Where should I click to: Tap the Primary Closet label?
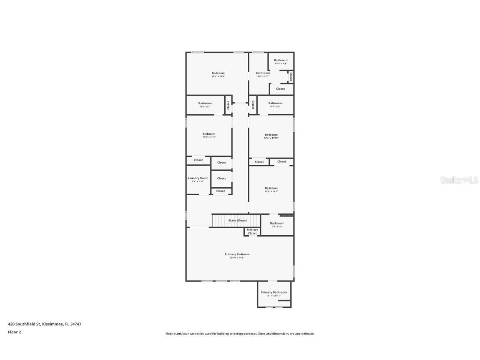[252, 232]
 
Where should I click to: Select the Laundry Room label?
[198, 178]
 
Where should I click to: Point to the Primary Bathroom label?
[274, 292]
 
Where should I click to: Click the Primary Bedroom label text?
[237, 254]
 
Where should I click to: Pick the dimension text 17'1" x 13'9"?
[218, 76]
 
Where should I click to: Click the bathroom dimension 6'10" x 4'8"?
[281, 63]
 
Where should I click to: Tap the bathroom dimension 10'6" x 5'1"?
[205, 107]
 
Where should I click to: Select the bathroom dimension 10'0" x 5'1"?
[275, 106]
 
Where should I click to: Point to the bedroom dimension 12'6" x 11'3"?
[209, 137]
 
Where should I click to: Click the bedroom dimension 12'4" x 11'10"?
[271, 138]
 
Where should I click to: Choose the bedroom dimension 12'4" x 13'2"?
[271, 191]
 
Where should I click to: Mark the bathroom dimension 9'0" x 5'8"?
[277, 227]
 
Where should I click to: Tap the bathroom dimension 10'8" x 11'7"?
[263, 76]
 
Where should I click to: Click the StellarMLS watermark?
[459, 180]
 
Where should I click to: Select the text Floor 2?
[14, 332]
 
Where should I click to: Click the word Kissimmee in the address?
[53, 324]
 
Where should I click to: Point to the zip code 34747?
[75, 324]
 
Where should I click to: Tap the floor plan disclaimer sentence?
[240, 334]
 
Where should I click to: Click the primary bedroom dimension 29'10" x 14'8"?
[237, 258]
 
